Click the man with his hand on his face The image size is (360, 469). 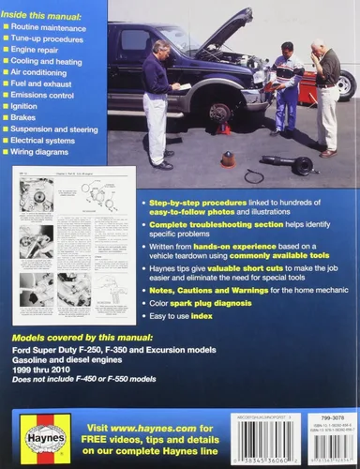(326, 94)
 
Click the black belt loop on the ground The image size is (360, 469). (253, 175)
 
